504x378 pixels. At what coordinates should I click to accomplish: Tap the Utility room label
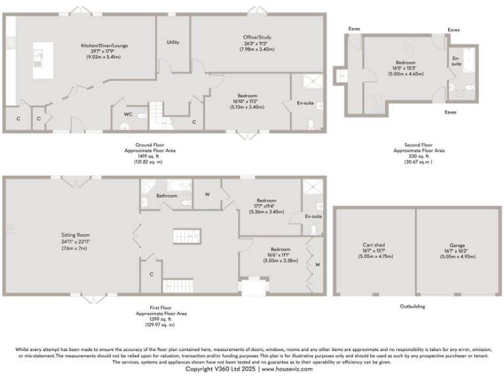pos(173,42)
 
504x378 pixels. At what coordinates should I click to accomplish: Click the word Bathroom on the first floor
pos(166,196)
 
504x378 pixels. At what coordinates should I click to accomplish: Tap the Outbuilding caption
pos(412,306)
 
